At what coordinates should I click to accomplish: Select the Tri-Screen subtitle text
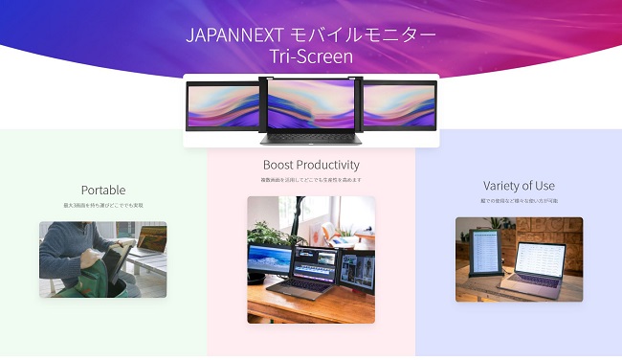point(311,57)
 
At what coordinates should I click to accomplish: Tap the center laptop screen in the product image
point(311,103)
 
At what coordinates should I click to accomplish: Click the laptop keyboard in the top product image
point(311,136)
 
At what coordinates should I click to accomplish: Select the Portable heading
point(103,190)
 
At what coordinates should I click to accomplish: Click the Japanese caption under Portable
point(103,205)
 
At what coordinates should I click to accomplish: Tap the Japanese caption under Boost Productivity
point(311,180)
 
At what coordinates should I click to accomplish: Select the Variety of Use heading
point(519,186)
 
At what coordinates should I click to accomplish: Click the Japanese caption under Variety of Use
point(519,201)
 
